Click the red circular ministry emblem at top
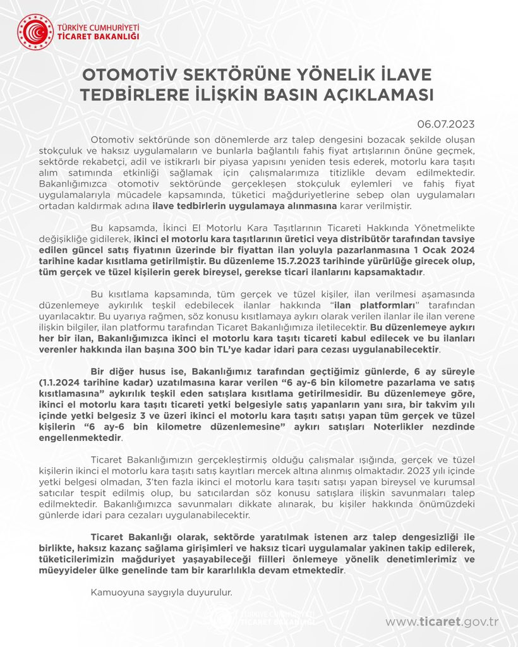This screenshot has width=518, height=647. [x=35, y=32]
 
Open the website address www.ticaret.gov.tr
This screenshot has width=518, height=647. [x=442, y=622]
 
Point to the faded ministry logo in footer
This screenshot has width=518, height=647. [x=265, y=618]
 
